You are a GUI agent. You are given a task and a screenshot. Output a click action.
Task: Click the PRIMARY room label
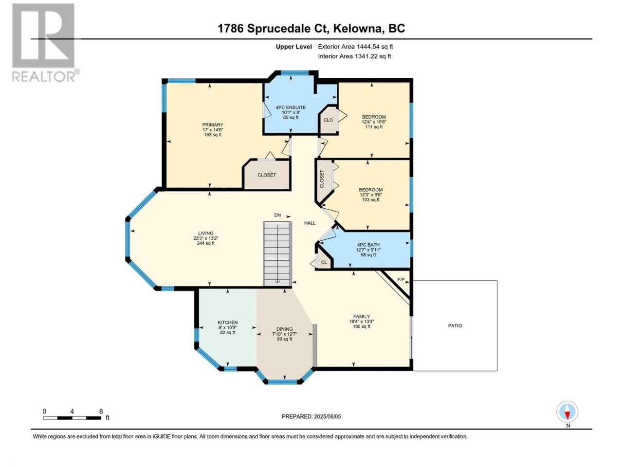213,125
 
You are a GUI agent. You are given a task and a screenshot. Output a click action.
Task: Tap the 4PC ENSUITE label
291,108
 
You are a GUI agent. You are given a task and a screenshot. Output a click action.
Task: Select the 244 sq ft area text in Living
206,243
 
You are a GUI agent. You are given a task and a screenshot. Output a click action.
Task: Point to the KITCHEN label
228,323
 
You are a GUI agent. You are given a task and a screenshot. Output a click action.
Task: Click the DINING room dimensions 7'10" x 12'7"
285,334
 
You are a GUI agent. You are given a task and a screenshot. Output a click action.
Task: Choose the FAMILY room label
361,316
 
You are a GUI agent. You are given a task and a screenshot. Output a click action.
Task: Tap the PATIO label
455,326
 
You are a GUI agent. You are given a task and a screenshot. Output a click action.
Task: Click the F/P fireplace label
401,280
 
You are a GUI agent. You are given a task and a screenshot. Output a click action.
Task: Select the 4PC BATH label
368,245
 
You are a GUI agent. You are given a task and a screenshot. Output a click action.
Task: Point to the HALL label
310,223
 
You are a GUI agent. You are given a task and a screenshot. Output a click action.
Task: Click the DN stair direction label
277,215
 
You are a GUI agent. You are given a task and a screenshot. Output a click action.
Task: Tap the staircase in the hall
277,254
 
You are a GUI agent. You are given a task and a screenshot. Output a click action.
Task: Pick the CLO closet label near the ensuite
328,120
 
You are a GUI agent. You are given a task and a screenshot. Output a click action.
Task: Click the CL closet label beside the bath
324,262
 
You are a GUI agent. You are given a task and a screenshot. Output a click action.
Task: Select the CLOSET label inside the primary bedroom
267,175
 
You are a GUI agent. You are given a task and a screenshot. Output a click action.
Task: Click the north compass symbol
567,412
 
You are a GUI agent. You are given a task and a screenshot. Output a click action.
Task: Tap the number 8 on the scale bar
101,411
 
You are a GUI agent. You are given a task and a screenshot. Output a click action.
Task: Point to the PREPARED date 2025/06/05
311,416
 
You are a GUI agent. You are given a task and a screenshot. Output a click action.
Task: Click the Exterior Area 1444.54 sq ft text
355,47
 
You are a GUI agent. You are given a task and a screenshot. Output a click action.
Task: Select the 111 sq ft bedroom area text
374,127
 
